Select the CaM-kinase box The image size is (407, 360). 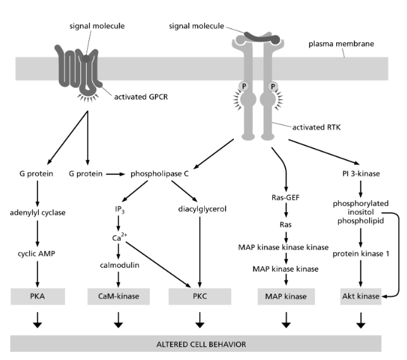pos(118,296)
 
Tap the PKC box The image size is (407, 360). pos(199,296)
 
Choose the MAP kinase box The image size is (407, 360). pos(286,296)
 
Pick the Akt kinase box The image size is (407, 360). pos(361,296)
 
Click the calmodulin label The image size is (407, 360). pos(118,265)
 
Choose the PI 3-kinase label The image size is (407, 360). pos(361,172)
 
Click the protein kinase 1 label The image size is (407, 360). pos(361,253)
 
